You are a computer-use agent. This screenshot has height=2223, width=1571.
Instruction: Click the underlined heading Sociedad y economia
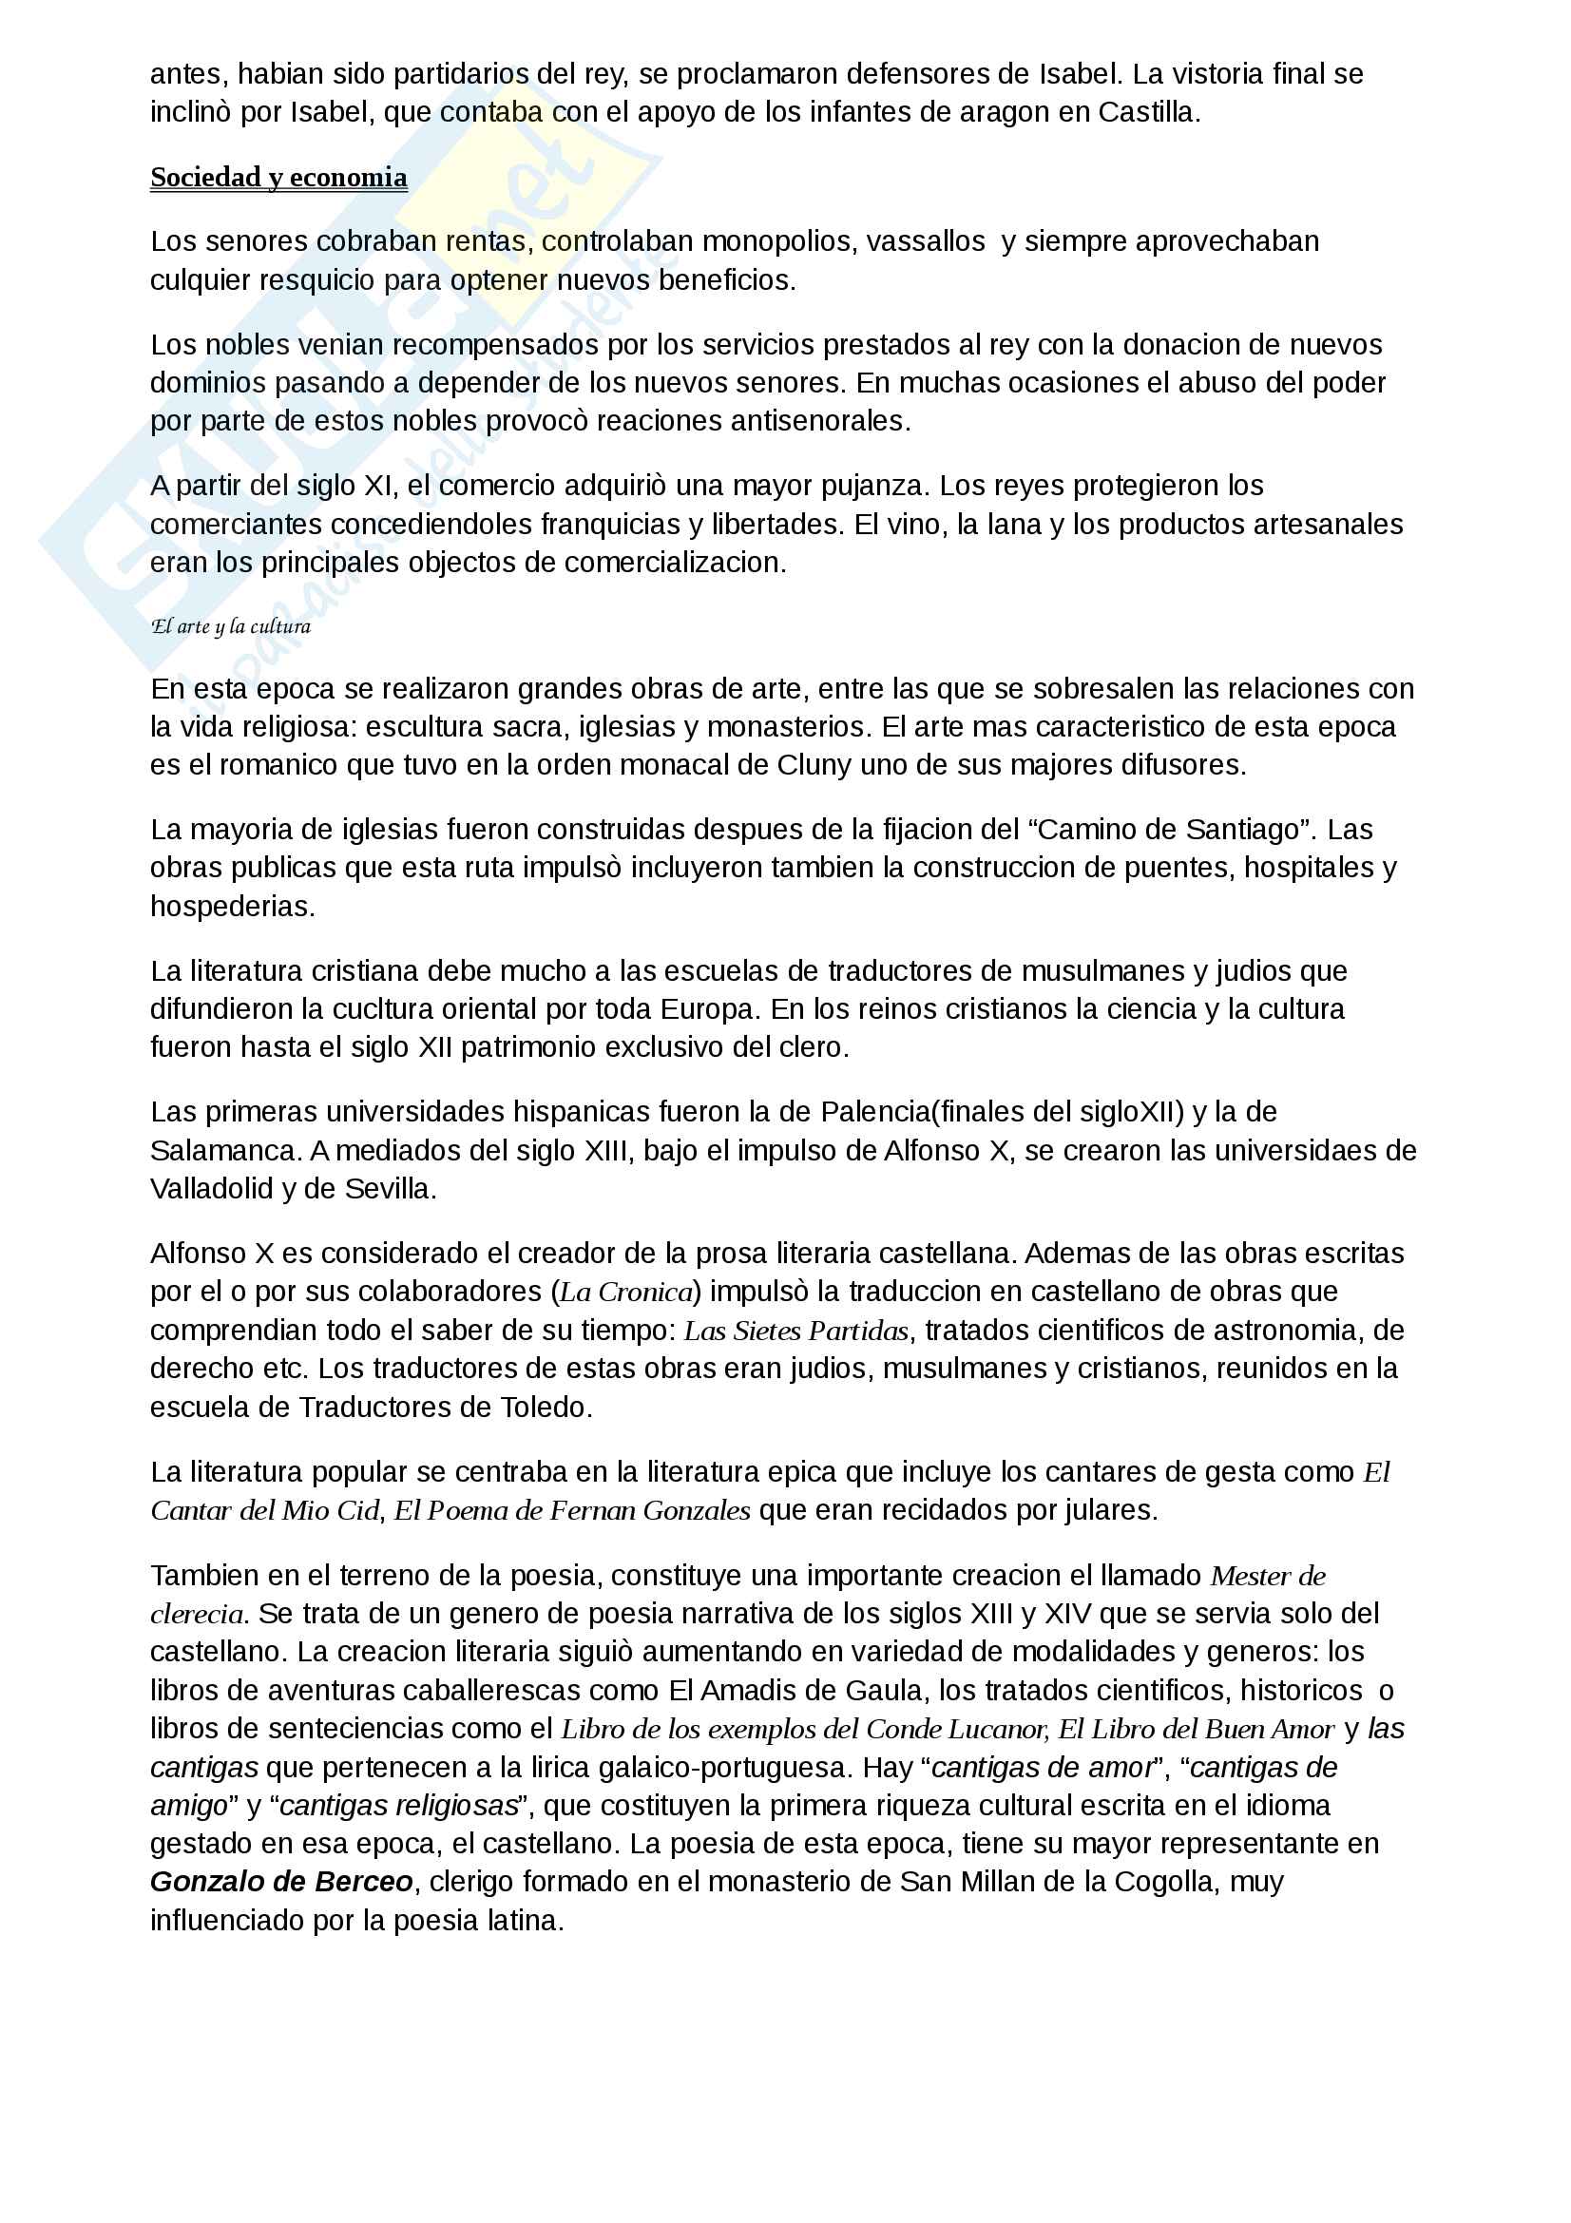coord(278,177)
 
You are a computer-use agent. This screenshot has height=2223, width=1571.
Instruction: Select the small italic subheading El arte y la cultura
coord(230,626)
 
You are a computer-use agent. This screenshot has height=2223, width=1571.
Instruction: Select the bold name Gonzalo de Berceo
coord(281,1881)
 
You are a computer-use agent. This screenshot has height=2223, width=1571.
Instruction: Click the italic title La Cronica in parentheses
coord(627,1292)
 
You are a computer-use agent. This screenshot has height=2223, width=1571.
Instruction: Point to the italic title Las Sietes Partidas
coord(796,1331)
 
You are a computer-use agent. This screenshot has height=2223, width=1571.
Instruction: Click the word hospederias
coord(232,907)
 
